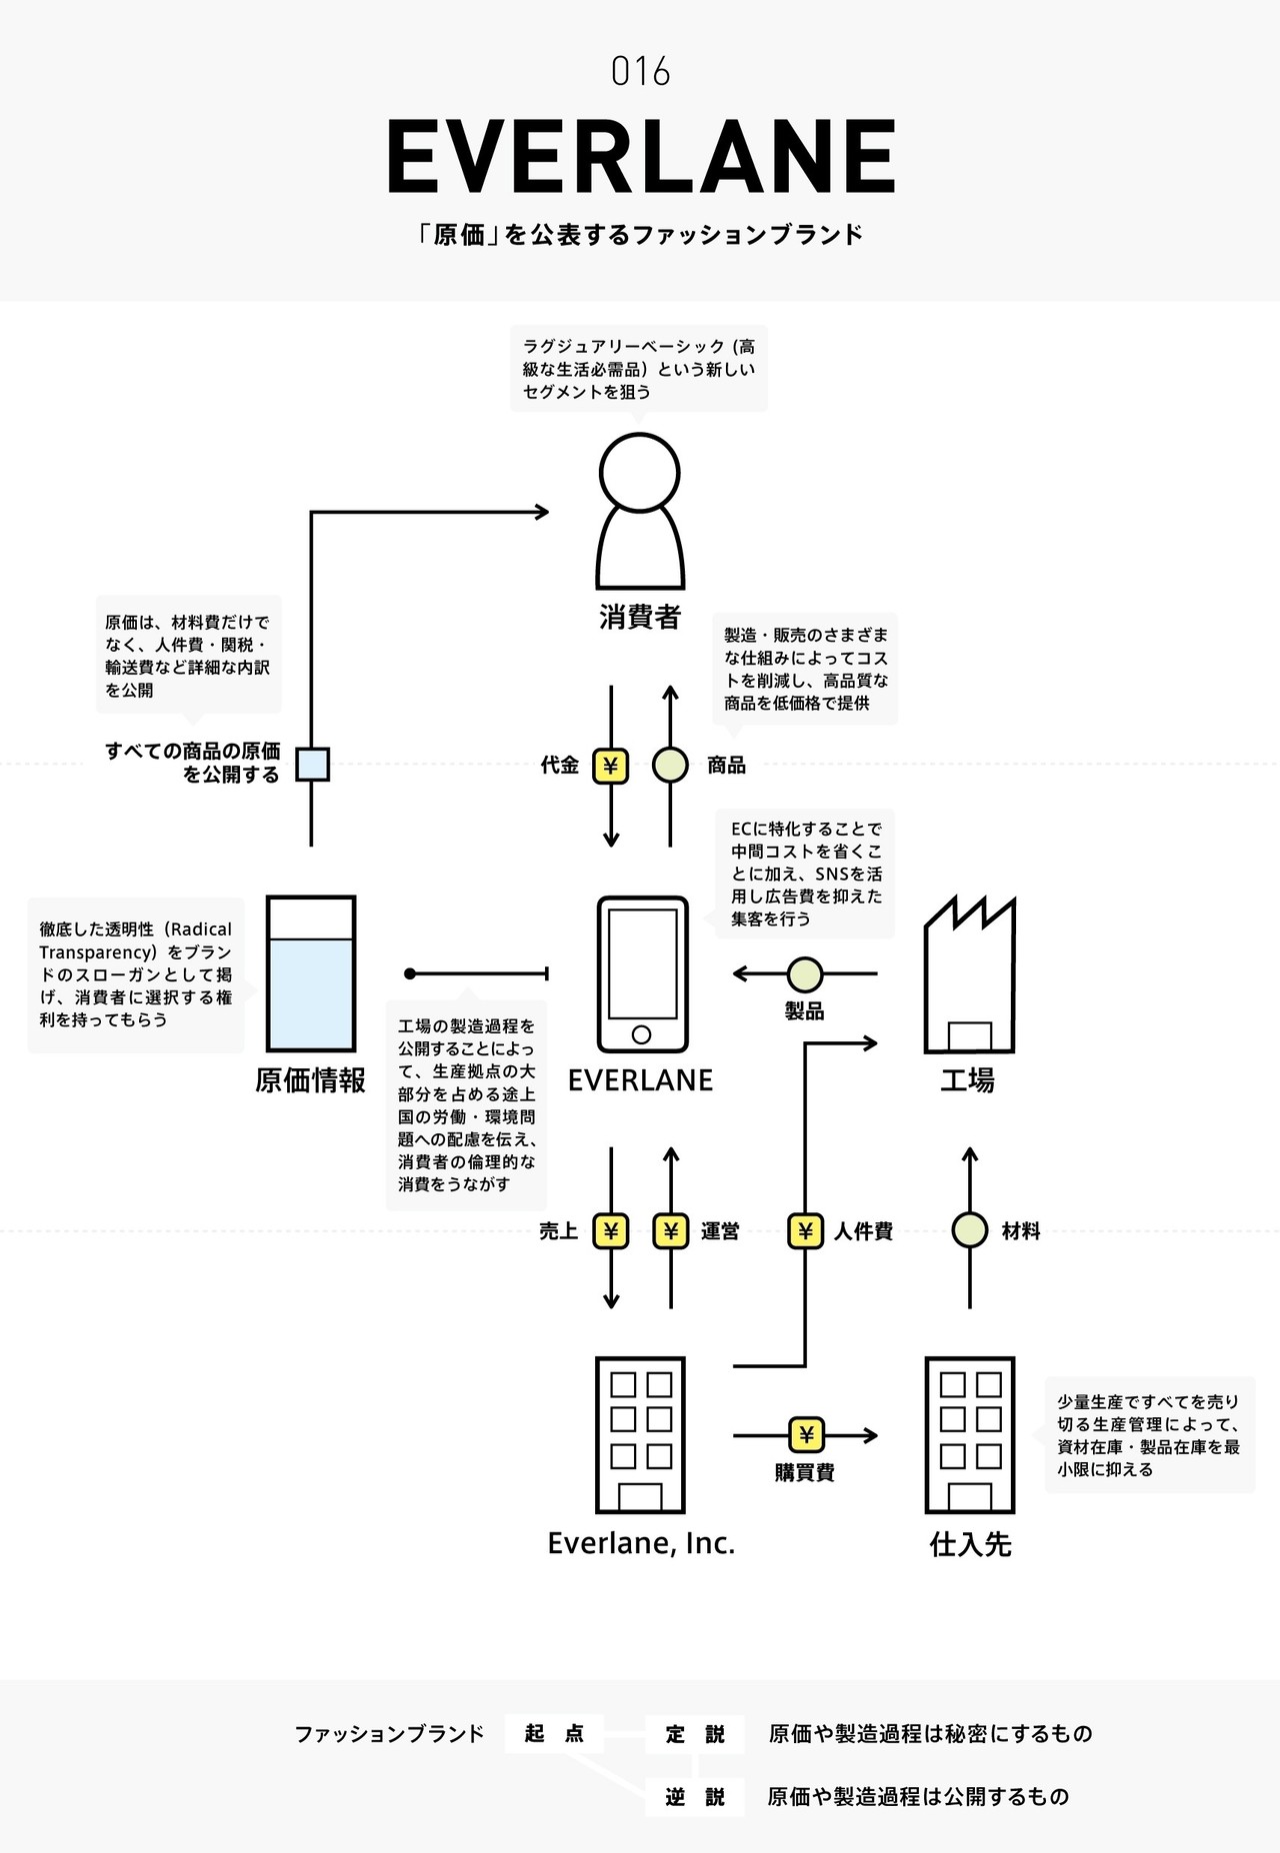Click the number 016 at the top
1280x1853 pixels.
[x=640, y=72]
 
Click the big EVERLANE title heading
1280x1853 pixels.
[x=640, y=157]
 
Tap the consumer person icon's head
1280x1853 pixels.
[x=640, y=473]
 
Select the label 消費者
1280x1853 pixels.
[x=640, y=617]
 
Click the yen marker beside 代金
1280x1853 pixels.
[x=611, y=766]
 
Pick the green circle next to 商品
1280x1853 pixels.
[x=670, y=766]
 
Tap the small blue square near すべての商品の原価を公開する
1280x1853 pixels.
[x=312, y=765]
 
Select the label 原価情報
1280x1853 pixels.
[x=311, y=1080]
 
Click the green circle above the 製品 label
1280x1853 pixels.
[x=805, y=973]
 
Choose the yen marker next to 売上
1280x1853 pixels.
[x=611, y=1231]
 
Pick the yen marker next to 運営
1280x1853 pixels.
[x=670, y=1231]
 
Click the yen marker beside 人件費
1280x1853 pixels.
[x=805, y=1231]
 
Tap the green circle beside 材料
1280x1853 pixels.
[x=969, y=1231]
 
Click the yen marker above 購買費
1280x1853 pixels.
[x=806, y=1435]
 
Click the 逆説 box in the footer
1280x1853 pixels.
[x=695, y=1797]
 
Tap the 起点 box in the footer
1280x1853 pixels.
[x=554, y=1734]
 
